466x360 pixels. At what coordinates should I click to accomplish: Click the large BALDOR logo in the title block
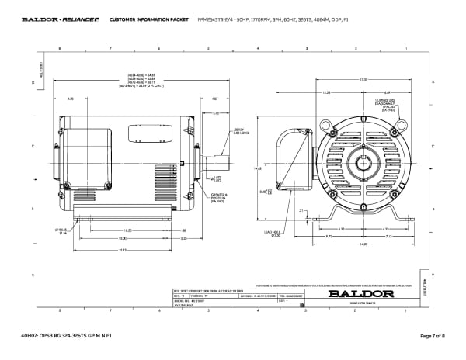point(356,294)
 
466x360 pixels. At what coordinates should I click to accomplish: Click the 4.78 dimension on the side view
point(71,99)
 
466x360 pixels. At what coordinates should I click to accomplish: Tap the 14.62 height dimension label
point(259,166)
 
